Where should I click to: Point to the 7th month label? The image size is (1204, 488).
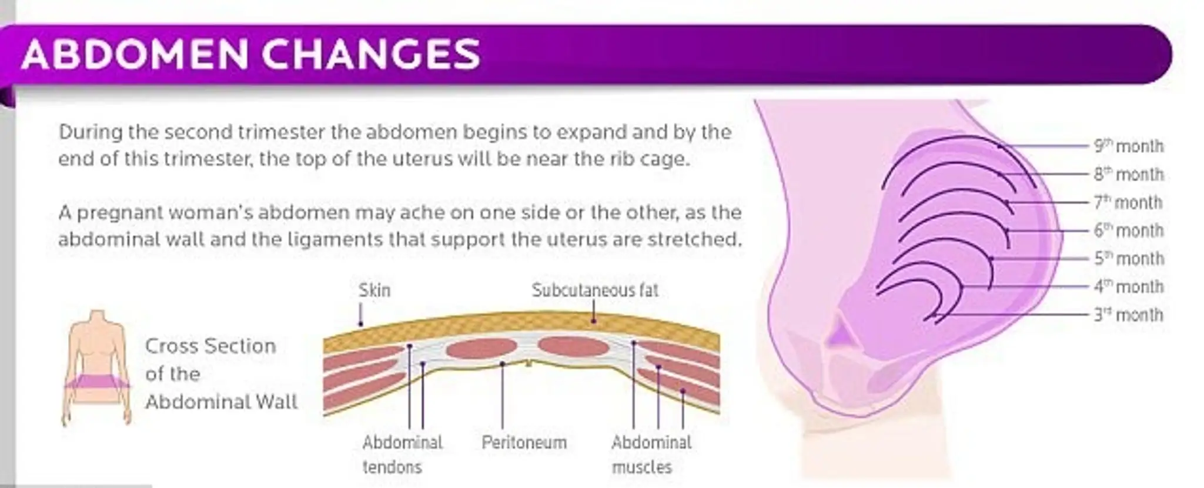pyautogui.click(x=1128, y=202)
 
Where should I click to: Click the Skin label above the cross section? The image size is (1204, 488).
pyautogui.click(x=374, y=290)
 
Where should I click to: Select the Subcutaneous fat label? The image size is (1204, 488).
pyautogui.click(x=595, y=290)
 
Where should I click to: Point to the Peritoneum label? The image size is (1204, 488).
pyautogui.click(x=524, y=442)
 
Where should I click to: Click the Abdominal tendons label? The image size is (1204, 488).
pyautogui.click(x=402, y=454)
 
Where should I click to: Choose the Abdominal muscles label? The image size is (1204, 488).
pyautogui.click(x=651, y=454)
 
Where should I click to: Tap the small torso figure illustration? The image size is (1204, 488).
pyautogui.click(x=97, y=366)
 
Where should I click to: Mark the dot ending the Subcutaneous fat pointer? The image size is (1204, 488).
pyautogui.click(x=594, y=321)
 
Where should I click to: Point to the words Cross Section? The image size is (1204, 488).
pyautogui.click(x=210, y=346)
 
